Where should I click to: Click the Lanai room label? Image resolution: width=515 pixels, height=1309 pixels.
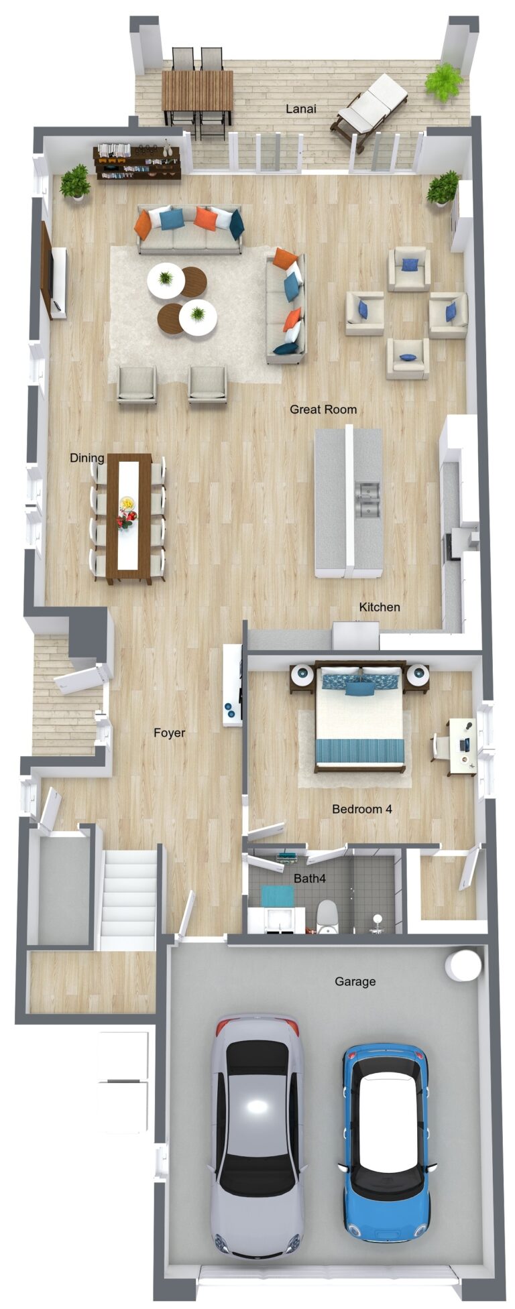click(x=301, y=109)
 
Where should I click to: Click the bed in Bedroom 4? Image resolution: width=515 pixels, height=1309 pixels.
click(x=360, y=716)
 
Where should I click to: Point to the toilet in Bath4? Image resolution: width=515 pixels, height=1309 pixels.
click(x=327, y=916)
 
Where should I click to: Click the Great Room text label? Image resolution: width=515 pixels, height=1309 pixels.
click(x=323, y=409)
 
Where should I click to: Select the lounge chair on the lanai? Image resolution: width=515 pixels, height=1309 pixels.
click(x=369, y=111)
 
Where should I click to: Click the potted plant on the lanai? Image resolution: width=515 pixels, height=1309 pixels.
click(x=444, y=82)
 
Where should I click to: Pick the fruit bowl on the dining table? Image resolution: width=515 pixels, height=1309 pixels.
click(x=126, y=503)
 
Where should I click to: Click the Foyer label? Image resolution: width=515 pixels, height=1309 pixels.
click(x=169, y=733)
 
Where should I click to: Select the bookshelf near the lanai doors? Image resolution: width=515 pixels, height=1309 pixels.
click(x=137, y=162)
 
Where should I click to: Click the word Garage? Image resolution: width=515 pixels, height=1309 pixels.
click(x=355, y=981)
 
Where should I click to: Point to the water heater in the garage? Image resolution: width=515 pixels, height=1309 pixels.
click(x=464, y=965)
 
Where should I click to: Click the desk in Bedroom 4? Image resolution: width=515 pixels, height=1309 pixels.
click(x=462, y=746)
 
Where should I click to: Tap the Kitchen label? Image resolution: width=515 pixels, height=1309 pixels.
click(x=380, y=607)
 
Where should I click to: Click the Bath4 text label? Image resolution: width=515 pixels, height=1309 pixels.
click(x=310, y=877)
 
